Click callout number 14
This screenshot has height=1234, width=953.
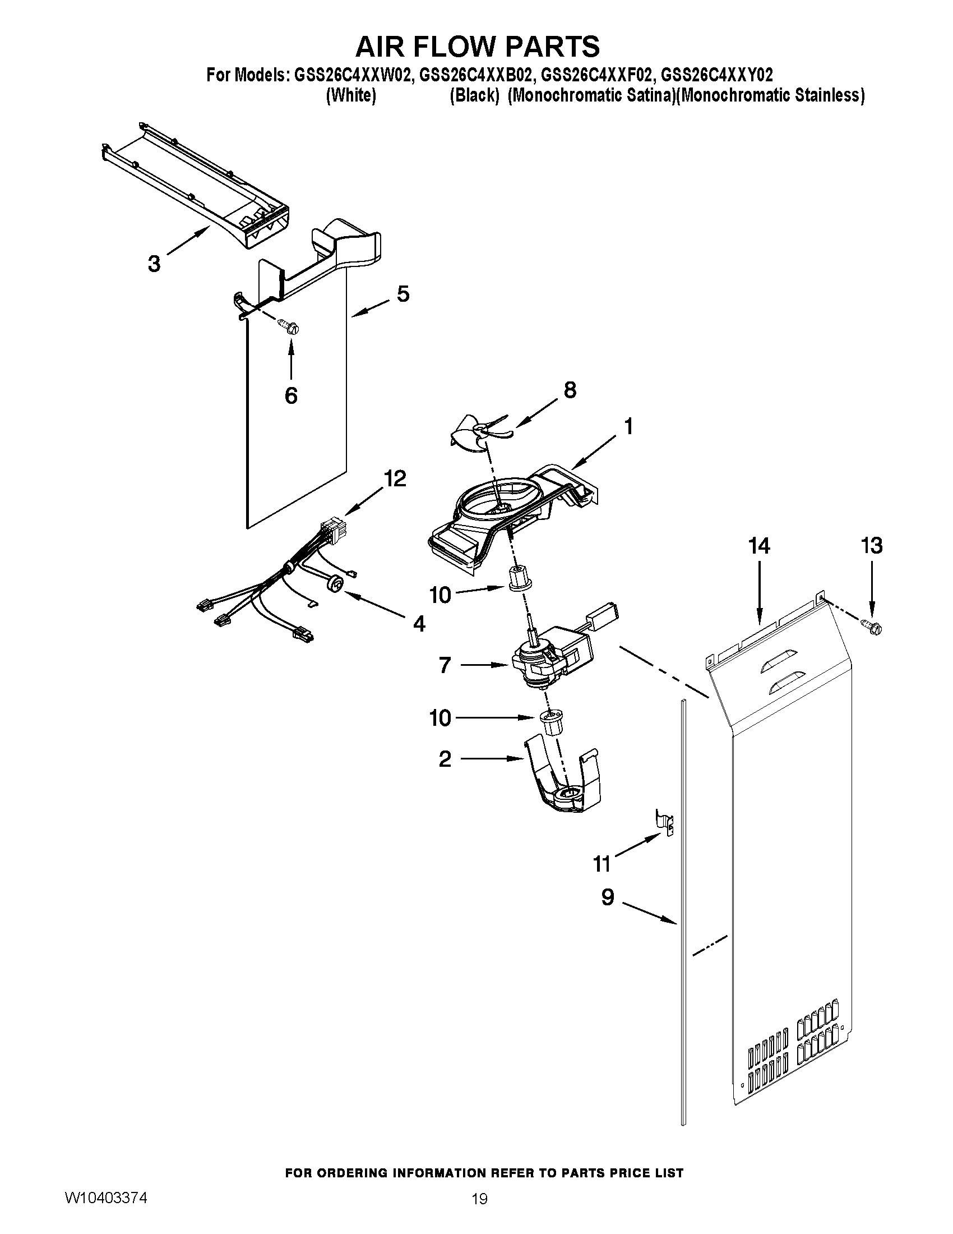(760, 546)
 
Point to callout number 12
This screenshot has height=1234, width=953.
(395, 478)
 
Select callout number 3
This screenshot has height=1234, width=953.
(154, 263)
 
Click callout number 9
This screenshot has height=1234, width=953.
(608, 897)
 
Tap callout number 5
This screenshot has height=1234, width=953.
(403, 294)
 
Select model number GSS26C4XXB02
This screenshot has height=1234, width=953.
(476, 75)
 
